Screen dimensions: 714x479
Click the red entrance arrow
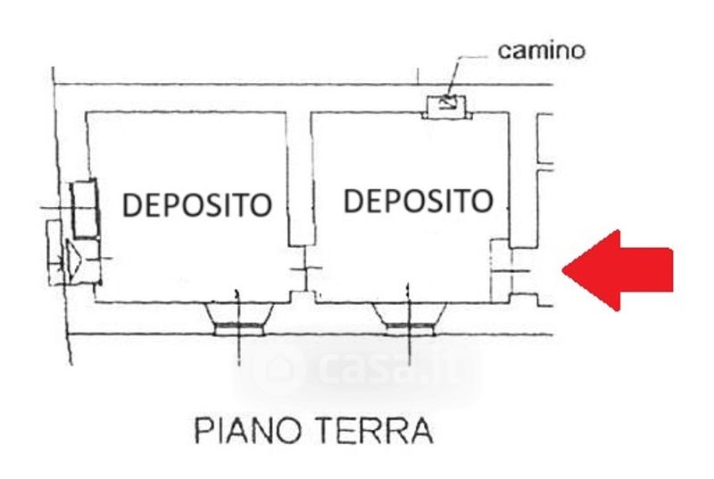[618, 270]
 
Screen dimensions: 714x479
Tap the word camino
[541, 50]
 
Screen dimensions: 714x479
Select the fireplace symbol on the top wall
[447, 107]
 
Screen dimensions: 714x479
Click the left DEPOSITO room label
[196, 204]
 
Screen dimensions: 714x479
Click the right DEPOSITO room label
[418, 201]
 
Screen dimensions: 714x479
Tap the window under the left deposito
[238, 318]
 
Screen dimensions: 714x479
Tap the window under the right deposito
[409, 318]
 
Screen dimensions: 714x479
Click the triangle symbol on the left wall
[73, 260]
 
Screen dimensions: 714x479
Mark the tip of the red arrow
[563, 270]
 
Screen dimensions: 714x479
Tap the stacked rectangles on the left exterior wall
[84, 209]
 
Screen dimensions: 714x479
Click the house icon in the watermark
[277, 368]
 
